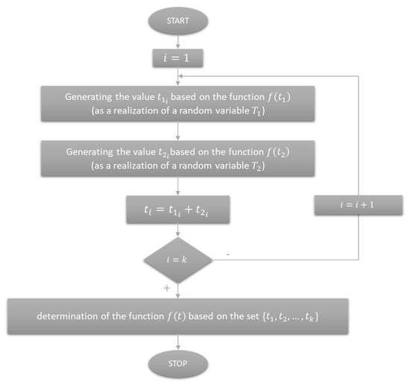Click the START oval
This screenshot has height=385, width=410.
178,21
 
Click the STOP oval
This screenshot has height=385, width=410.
178,364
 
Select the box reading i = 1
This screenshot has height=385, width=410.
178,58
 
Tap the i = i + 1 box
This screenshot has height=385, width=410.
359,205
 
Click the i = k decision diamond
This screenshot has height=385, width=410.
178,260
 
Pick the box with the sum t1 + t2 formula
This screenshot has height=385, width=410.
178,210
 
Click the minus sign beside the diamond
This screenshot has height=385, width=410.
228,254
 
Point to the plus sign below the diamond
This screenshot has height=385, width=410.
167,288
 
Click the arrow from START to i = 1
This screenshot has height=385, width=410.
178,42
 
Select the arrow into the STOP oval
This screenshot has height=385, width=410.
178,342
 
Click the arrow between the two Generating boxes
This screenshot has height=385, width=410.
178,131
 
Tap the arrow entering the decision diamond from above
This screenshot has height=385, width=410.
178,231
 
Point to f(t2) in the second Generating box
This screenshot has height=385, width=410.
278,152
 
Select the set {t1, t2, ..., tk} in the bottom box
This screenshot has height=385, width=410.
290,316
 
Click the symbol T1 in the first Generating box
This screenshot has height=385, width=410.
256,111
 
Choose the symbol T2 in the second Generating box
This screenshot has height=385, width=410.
256,166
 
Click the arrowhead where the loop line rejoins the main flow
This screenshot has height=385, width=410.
180,76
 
